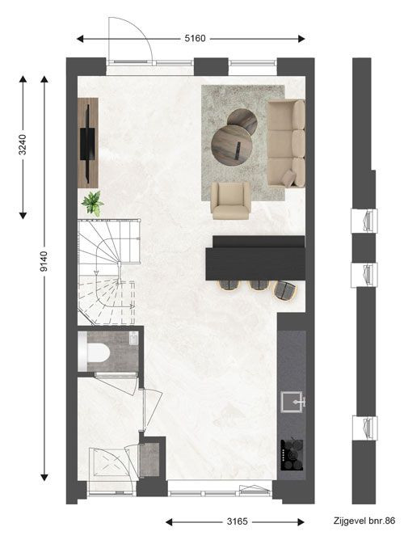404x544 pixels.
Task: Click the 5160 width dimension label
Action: click(195, 38)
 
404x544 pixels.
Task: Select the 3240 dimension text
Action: click(23, 145)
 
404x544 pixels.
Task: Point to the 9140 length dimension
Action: click(44, 261)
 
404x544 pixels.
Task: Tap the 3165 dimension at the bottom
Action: click(238, 521)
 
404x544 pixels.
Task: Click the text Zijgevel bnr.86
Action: click(364, 521)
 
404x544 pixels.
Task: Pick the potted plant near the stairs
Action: click(93, 204)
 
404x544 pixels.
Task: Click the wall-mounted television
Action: click(87, 144)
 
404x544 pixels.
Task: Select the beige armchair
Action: click(230, 201)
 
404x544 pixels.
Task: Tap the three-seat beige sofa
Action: click(286, 143)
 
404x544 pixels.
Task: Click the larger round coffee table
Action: click(231, 145)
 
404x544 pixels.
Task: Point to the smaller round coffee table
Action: click(242, 121)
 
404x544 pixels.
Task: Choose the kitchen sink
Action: click(292, 402)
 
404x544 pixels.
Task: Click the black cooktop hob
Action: click(292, 455)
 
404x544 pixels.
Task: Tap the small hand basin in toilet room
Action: click(134, 339)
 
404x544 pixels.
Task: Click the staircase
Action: click(107, 272)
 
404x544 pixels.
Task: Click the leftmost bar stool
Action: click(229, 285)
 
